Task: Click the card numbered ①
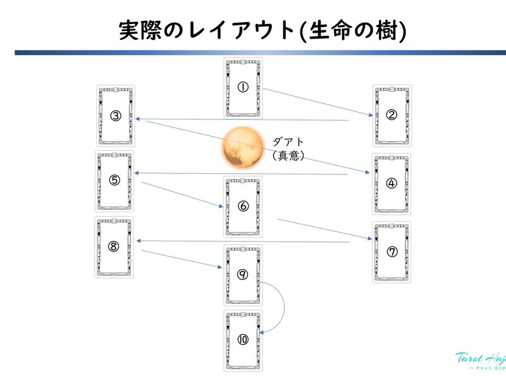244,87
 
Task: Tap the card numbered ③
116,115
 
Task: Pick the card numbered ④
392,183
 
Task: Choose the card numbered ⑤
114,180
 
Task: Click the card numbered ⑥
244,206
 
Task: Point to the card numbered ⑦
392,251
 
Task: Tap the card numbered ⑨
244,274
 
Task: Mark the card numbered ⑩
244,339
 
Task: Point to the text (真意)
288,155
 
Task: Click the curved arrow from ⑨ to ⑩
281,306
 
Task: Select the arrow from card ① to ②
316,102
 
